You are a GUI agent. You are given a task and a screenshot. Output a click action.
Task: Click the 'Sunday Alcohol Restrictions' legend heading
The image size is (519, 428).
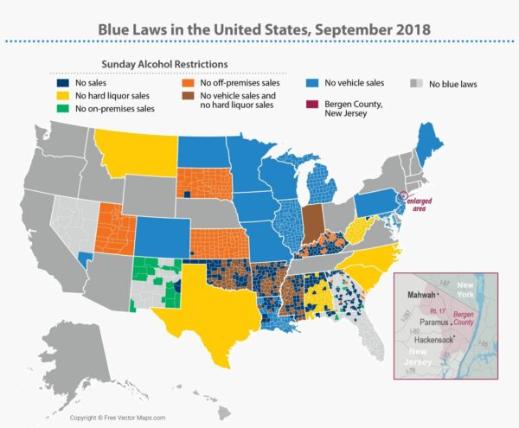[167, 64]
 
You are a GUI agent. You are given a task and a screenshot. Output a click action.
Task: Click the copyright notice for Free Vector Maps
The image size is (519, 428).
[113, 418]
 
